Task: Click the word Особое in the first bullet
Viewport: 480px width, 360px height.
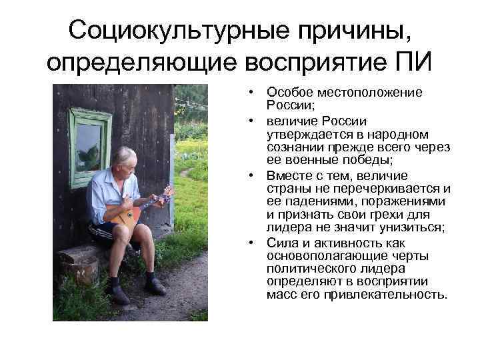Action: point(285,92)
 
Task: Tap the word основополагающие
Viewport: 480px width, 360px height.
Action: point(319,256)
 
